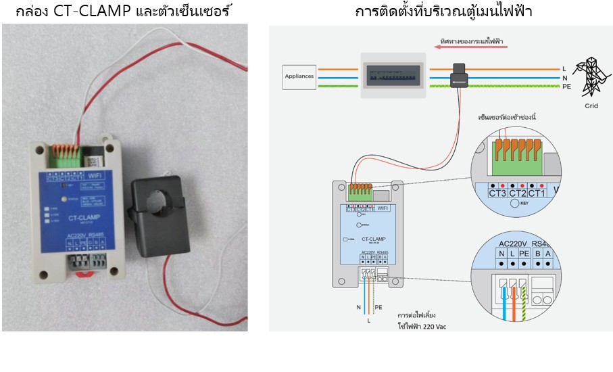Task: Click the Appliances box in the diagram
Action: [x=300, y=76]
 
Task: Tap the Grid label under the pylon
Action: [x=591, y=106]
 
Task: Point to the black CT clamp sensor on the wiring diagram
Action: [x=460, y=75]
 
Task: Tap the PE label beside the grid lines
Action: [x=567, y=87]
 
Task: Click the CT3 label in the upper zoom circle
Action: [x=498, y=193]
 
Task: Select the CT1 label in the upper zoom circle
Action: [x=537, y=193]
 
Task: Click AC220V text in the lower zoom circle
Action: [x=513, y=244]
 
